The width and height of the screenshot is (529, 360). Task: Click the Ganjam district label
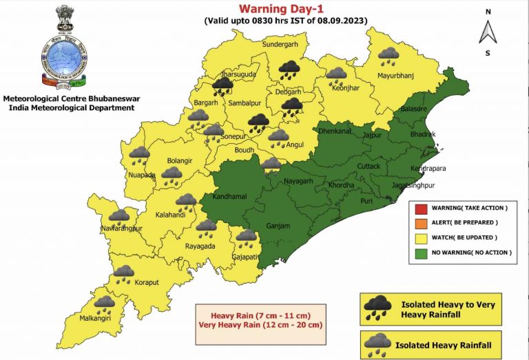pos(278,226)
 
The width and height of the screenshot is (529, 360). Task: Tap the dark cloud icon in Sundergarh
pos(289,67)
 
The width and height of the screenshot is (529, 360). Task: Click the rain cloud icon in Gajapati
pos(246,238)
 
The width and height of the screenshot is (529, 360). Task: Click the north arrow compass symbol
pos(487,31)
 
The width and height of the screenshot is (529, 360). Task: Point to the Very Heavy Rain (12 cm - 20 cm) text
pos(262,324)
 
